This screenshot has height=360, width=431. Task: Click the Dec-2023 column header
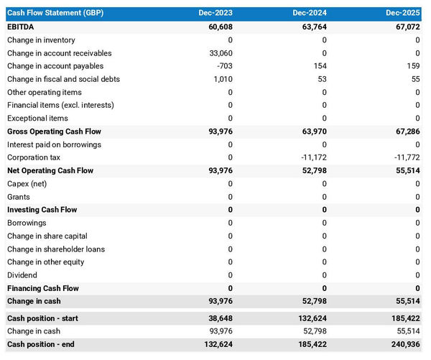(x=215, y=13)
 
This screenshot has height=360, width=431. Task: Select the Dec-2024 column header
(x=309, y=13)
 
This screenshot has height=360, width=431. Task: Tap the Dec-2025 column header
(x=402, y=13)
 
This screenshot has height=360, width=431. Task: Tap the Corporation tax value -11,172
(x=311, y=157)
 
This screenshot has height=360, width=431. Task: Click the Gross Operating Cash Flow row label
(x=54, y=131)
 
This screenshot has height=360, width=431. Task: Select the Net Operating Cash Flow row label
(x=50, y=171)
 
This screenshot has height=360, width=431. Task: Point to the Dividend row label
(x=23, y=275)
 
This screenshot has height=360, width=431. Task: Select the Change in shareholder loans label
(x=55, y=249)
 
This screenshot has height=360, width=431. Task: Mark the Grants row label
(x=19, y=197)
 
